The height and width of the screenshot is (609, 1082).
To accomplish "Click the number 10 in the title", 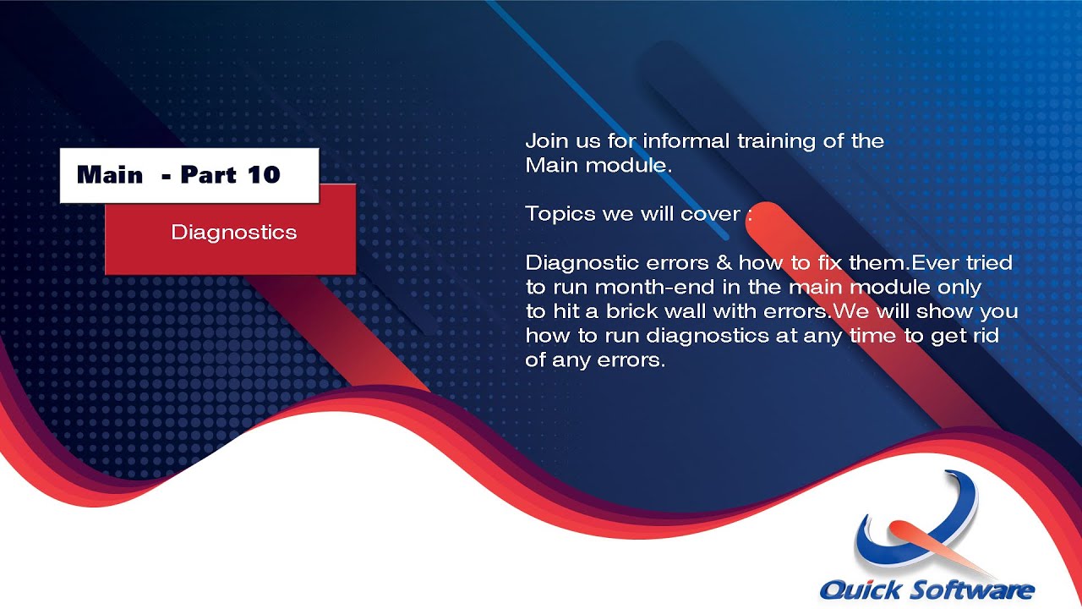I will (x=263, y=175).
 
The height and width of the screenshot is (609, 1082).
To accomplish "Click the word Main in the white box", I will (x=109, y=175).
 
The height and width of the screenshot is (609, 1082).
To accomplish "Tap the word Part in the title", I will (x=207, y=175).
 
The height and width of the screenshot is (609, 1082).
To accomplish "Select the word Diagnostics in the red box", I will (x=233, y=233).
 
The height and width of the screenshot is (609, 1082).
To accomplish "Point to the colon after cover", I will (x=749, y=214).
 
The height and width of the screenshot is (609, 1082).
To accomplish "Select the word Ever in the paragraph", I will (x=933, y=262).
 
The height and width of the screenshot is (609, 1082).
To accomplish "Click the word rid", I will (x=985, y=336).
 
